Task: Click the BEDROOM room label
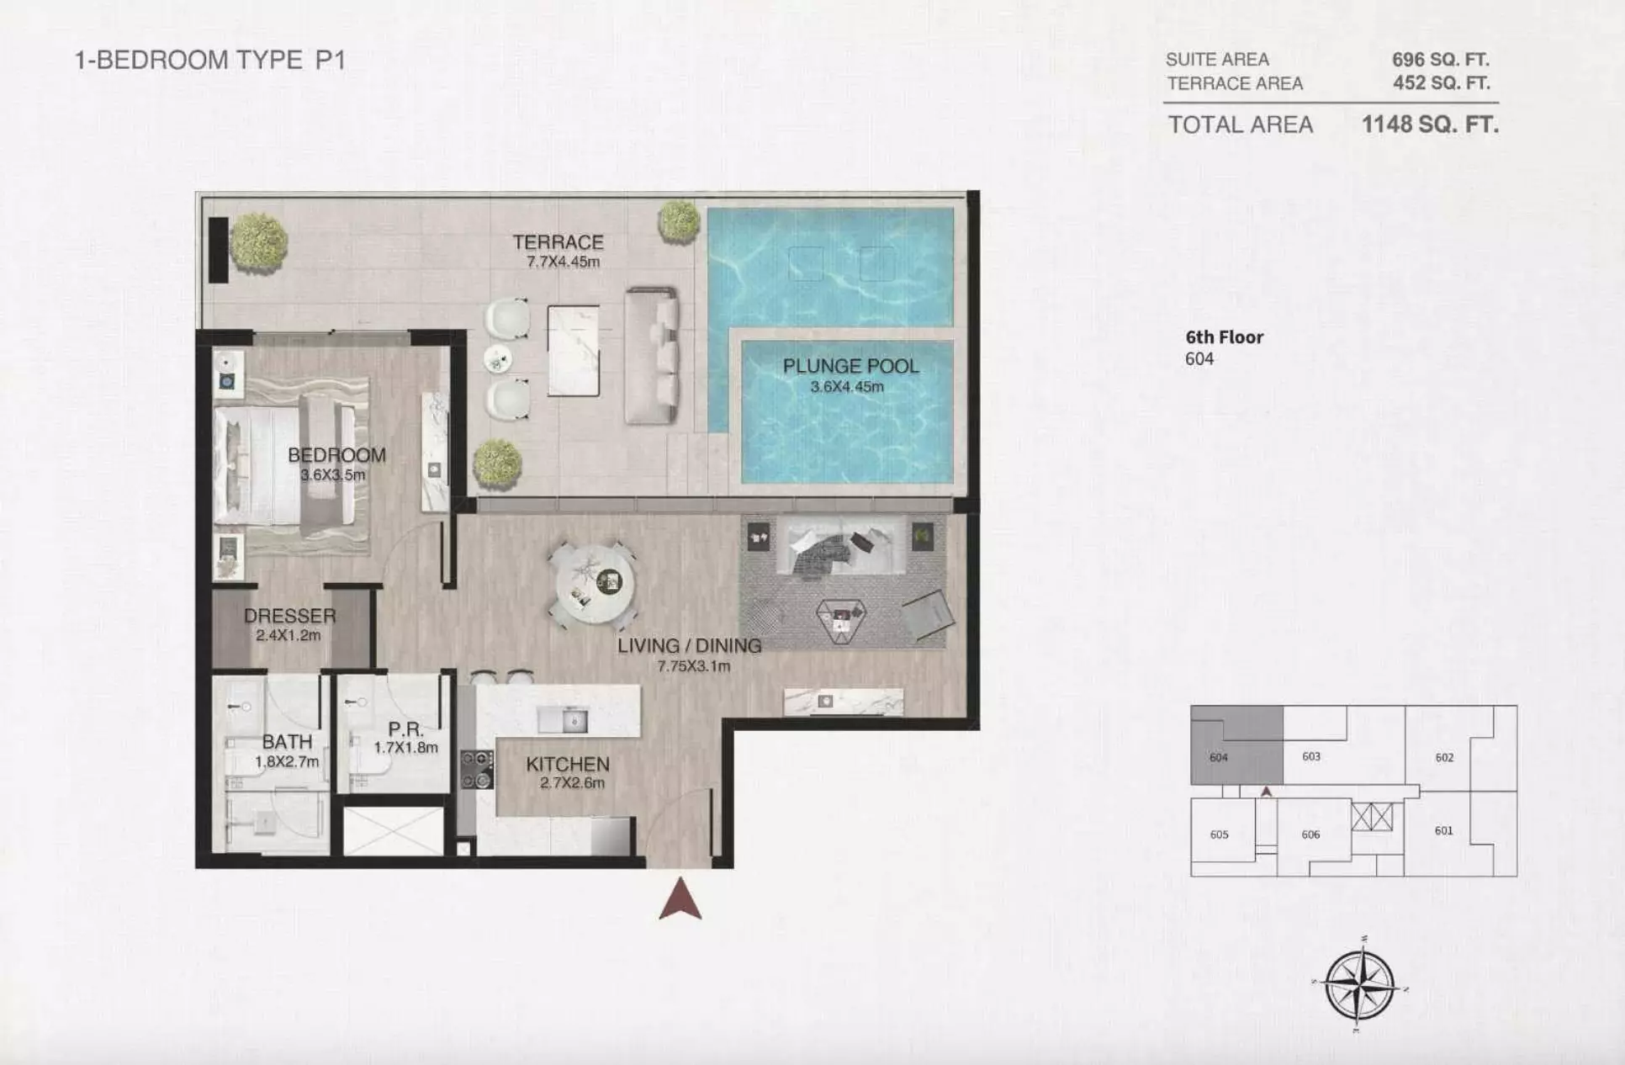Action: [x=336, y=455]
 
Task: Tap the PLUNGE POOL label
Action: [x=850, y=366]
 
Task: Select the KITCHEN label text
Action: [x=568, y=764]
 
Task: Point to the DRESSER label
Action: [x=289, y=616]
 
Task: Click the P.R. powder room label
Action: [x=405, y=729]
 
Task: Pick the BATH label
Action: [x=287, y=742]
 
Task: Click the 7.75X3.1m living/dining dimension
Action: [x=694, y=666]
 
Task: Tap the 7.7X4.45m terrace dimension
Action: [x=563, y=262]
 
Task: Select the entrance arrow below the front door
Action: [x=680, y=900]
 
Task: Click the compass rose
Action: [x=1359, y=984]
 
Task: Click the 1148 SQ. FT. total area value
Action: [x=1430, y=125]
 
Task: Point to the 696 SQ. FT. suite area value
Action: [x=1441, y=59]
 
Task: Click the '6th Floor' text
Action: [x=1225, y=337]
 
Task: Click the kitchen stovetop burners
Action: [x=477, y=770]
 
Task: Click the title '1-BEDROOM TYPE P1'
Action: [x=210, y=60]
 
